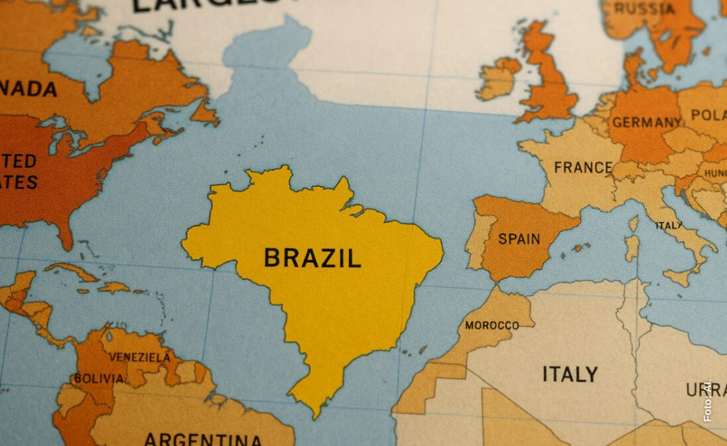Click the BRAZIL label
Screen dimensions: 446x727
tap(312, 258)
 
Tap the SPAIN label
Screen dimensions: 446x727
tap(519, 239)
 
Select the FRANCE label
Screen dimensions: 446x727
tap(583, 167)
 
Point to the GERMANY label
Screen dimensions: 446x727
tap(646, 122)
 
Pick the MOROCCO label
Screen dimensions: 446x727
tap(492, 325)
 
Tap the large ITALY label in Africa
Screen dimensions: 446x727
tap(570, 374)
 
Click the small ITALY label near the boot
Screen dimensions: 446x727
tap(669, 226)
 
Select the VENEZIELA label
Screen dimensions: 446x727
tap(139, 357)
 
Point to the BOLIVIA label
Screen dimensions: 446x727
tap(98, 378)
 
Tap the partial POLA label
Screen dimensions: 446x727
tap(708, 115)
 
